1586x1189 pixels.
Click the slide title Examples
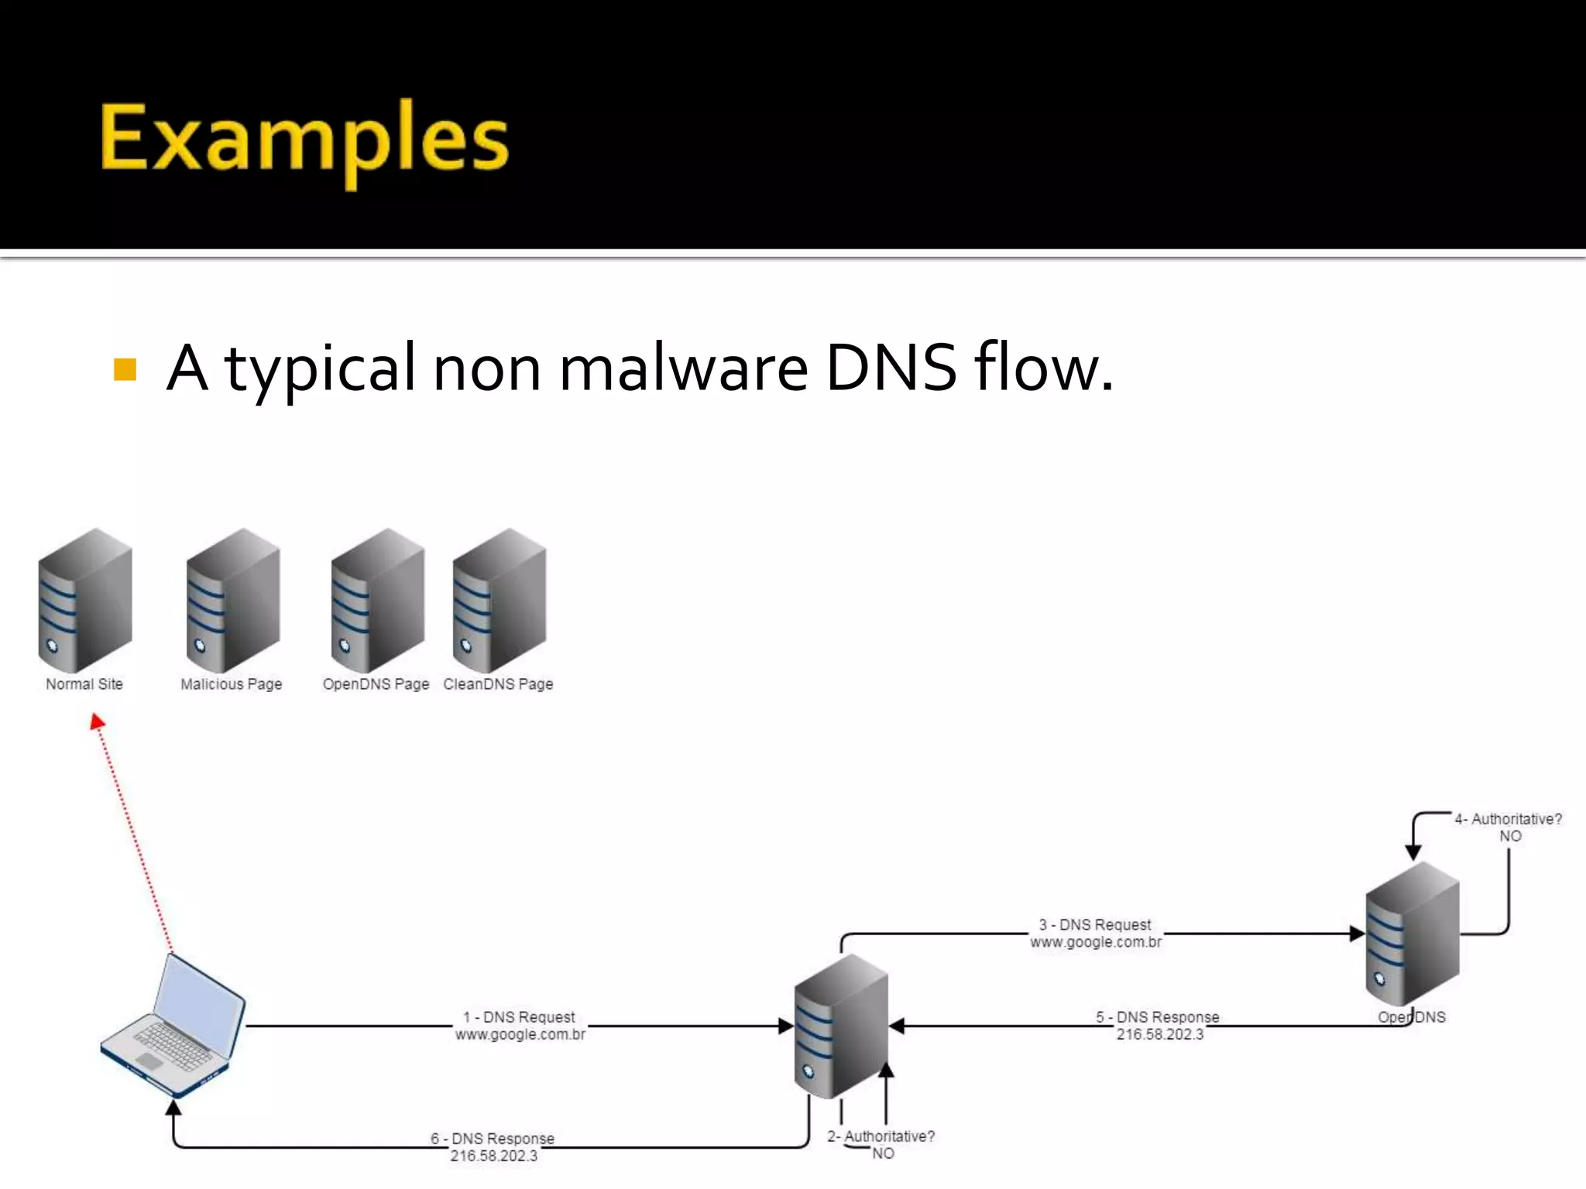304,141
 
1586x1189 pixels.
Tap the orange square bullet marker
125,369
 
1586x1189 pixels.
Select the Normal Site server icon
85,600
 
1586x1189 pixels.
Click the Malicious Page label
231,684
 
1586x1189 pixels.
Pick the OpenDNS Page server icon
377,600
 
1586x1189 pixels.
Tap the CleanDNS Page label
498,684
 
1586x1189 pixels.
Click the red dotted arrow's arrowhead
97,722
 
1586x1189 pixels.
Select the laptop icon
173,1026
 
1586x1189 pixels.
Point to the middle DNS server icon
841,1026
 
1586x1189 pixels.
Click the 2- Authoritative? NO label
881,1145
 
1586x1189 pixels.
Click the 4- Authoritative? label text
1508,819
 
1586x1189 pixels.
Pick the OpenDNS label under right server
1411,1017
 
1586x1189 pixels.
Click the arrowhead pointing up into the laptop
173,1108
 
